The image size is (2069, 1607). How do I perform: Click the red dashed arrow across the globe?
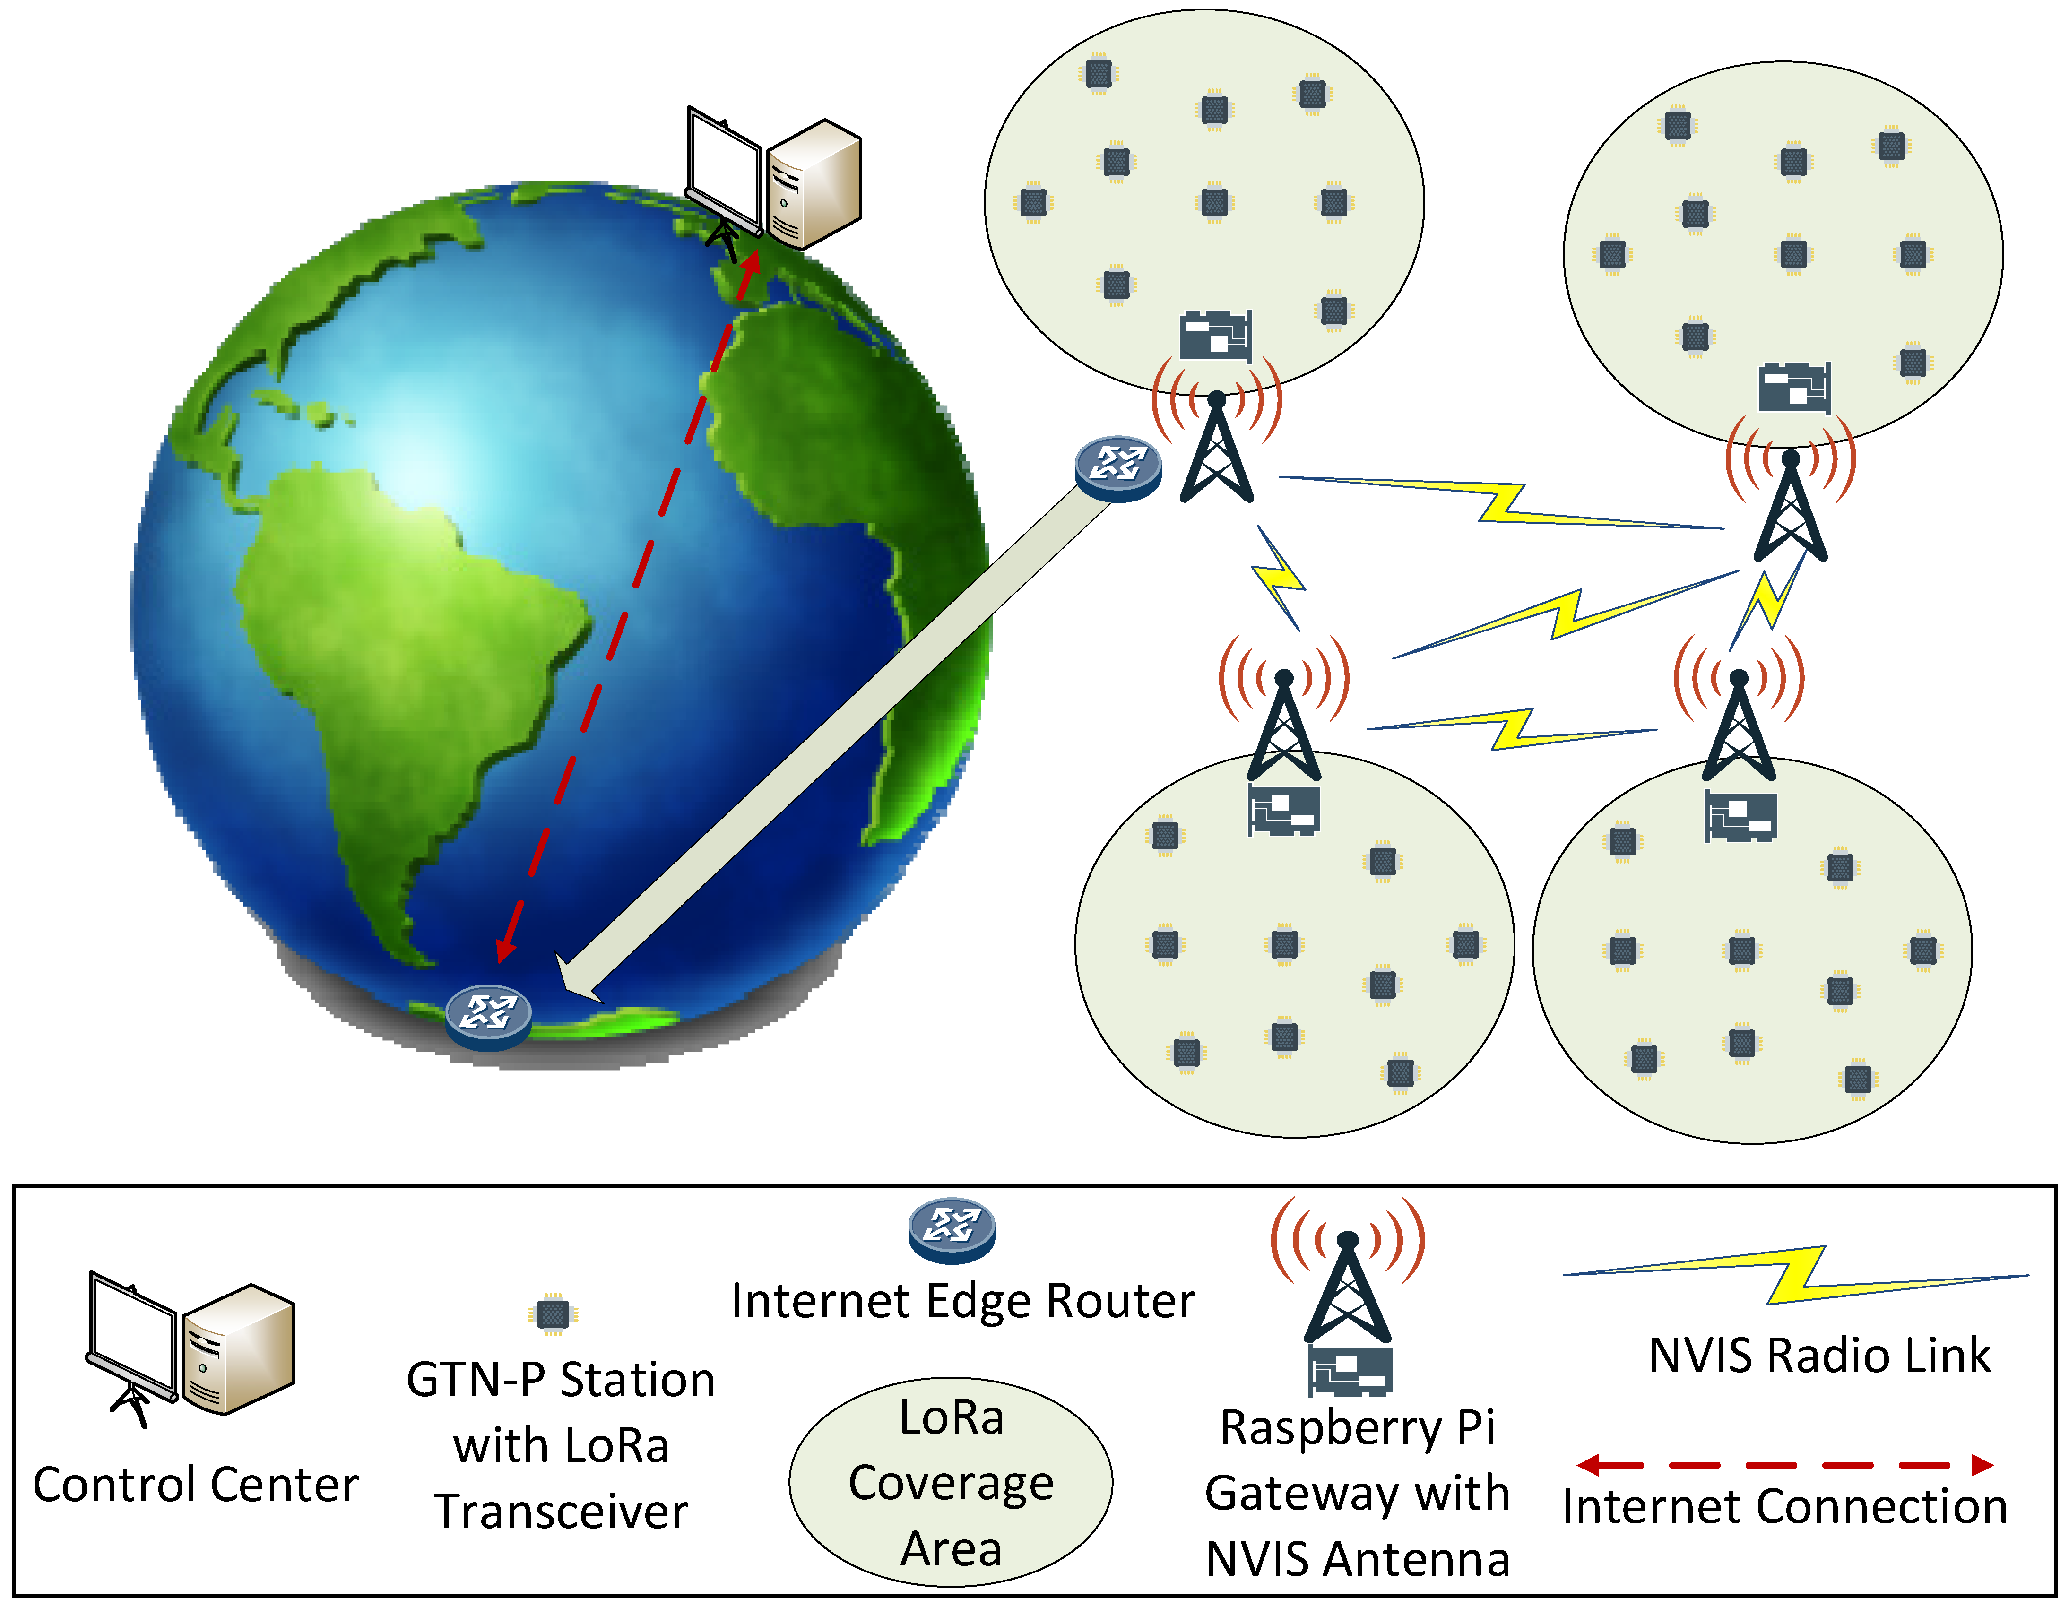coord(625,606)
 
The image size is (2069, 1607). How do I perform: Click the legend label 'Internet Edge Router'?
coord(962,1300)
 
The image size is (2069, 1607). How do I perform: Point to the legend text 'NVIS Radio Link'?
coord(1819,1355)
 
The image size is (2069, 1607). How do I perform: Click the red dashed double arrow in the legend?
coord(1785,1465)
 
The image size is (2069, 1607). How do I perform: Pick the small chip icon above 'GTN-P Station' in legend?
coord(552,1313)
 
